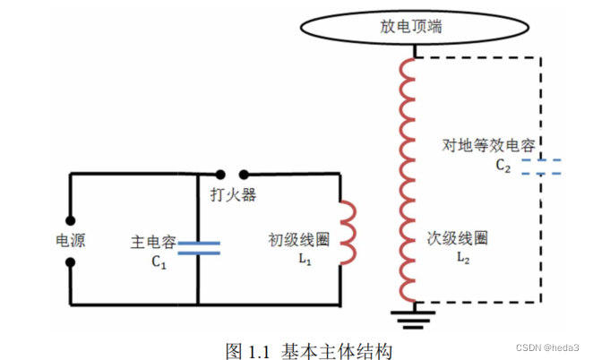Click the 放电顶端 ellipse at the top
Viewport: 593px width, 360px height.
tap(411, 26)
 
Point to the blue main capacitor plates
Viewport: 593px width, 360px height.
tap(197, 247)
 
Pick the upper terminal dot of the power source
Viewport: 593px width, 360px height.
tap(70, 218)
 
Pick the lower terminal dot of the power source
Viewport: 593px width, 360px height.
tap(70, 264)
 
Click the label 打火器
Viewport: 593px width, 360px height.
tap(233, 195)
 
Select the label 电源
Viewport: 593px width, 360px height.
tap(70, 240)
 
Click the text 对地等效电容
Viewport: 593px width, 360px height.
tap(487, 145)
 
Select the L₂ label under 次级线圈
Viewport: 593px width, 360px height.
tap(462, 259)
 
